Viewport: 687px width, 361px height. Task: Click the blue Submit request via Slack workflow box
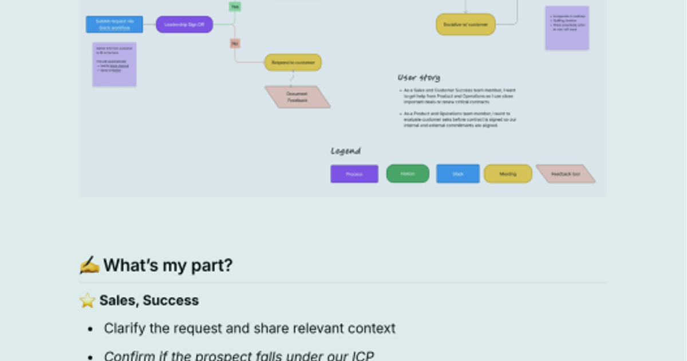point(114,24)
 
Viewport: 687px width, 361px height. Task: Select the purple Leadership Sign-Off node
point(184,25)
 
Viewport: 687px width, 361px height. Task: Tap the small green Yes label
point(235,6)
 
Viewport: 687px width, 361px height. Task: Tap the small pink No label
point(235,43)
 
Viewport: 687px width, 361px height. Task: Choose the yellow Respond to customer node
point(293,62)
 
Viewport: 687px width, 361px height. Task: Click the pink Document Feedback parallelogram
point(297,97)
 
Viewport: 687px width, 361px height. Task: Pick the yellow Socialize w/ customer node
point(465,25)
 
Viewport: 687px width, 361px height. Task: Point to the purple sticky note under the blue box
point(114,64)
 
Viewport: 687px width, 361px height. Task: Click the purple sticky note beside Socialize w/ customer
point(567,28)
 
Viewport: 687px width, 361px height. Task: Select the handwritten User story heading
point(419,77)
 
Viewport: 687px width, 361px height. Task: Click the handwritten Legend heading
point(346,151)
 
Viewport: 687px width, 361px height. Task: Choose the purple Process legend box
point(354,174)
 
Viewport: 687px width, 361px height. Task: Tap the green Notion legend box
point(408,174)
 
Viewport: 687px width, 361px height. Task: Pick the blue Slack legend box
point(458,174)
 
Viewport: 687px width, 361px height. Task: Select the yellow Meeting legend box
point(508,174)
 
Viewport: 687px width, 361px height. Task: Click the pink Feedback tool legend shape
point(566,174)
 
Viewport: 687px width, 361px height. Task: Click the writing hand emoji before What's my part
point(89,265)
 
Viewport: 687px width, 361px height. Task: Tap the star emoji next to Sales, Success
point(87,301)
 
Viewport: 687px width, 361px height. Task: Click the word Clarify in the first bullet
point(123,328)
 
